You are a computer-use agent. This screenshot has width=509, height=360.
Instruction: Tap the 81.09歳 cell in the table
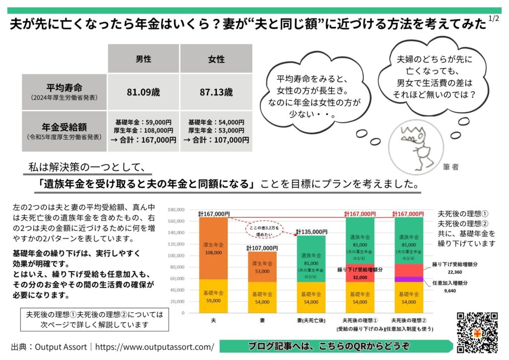(x=143, y=92)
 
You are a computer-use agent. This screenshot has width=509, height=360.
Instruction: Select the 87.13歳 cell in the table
(x=216, y=92)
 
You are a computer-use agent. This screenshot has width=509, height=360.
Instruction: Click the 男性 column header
(x=143, y=59)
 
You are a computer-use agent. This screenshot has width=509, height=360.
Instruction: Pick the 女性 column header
(x=216, y=59)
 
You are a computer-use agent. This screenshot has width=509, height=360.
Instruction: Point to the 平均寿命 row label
(x=64, y=89)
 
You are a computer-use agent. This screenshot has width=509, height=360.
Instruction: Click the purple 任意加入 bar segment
(x=409, y=279)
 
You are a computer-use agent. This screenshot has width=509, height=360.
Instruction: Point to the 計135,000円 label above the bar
(x=312, y=231)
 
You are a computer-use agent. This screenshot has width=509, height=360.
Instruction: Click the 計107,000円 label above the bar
(x=262, y=248)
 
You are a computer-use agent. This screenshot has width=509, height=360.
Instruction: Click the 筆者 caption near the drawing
(x=451, y=168)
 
